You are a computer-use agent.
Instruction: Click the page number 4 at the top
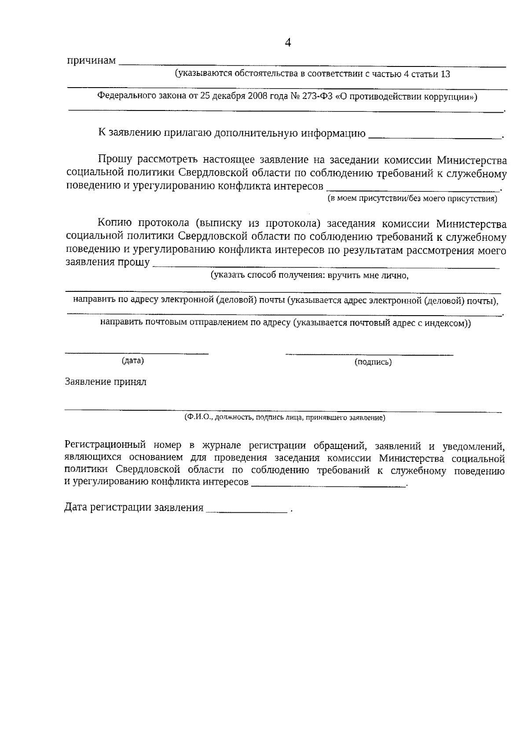coord(288,43)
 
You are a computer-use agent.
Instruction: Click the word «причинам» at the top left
coord(91,60)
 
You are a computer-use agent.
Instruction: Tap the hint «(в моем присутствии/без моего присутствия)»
coord(412,199)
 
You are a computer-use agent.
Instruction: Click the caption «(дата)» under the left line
coord(132,361)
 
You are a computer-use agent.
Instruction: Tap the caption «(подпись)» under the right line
coord(373,362)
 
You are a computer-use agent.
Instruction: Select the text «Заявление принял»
coord(106,382)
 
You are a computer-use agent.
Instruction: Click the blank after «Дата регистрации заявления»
coord(246,510)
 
